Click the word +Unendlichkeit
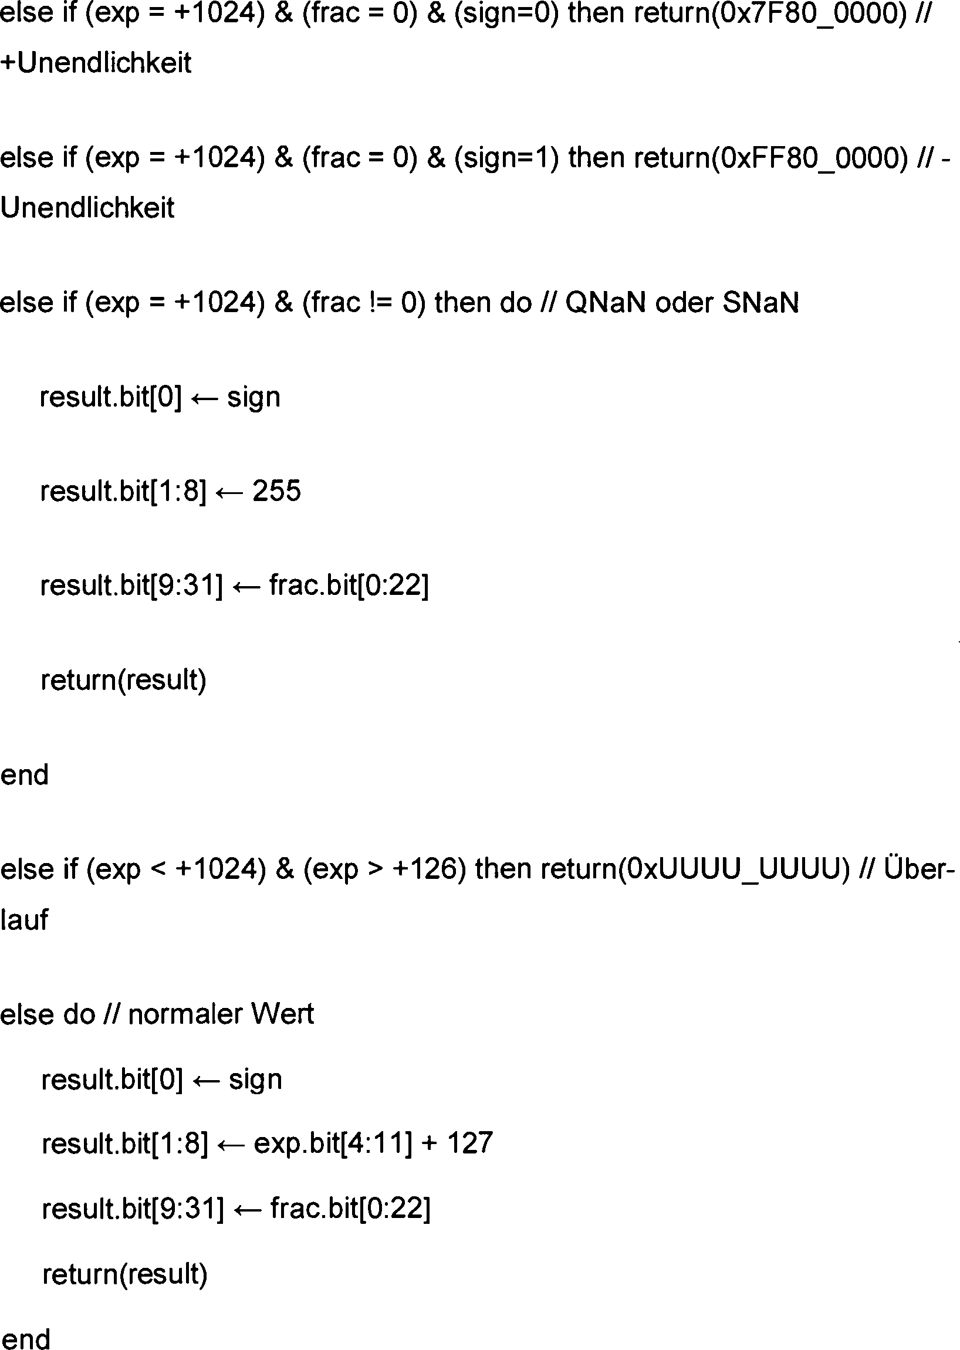[x=96, y=63]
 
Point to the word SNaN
[x=760, y=303]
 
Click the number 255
[x=276, y=491]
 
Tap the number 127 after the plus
[x=470, y=1143]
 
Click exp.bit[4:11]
[x=333, y=1143]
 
